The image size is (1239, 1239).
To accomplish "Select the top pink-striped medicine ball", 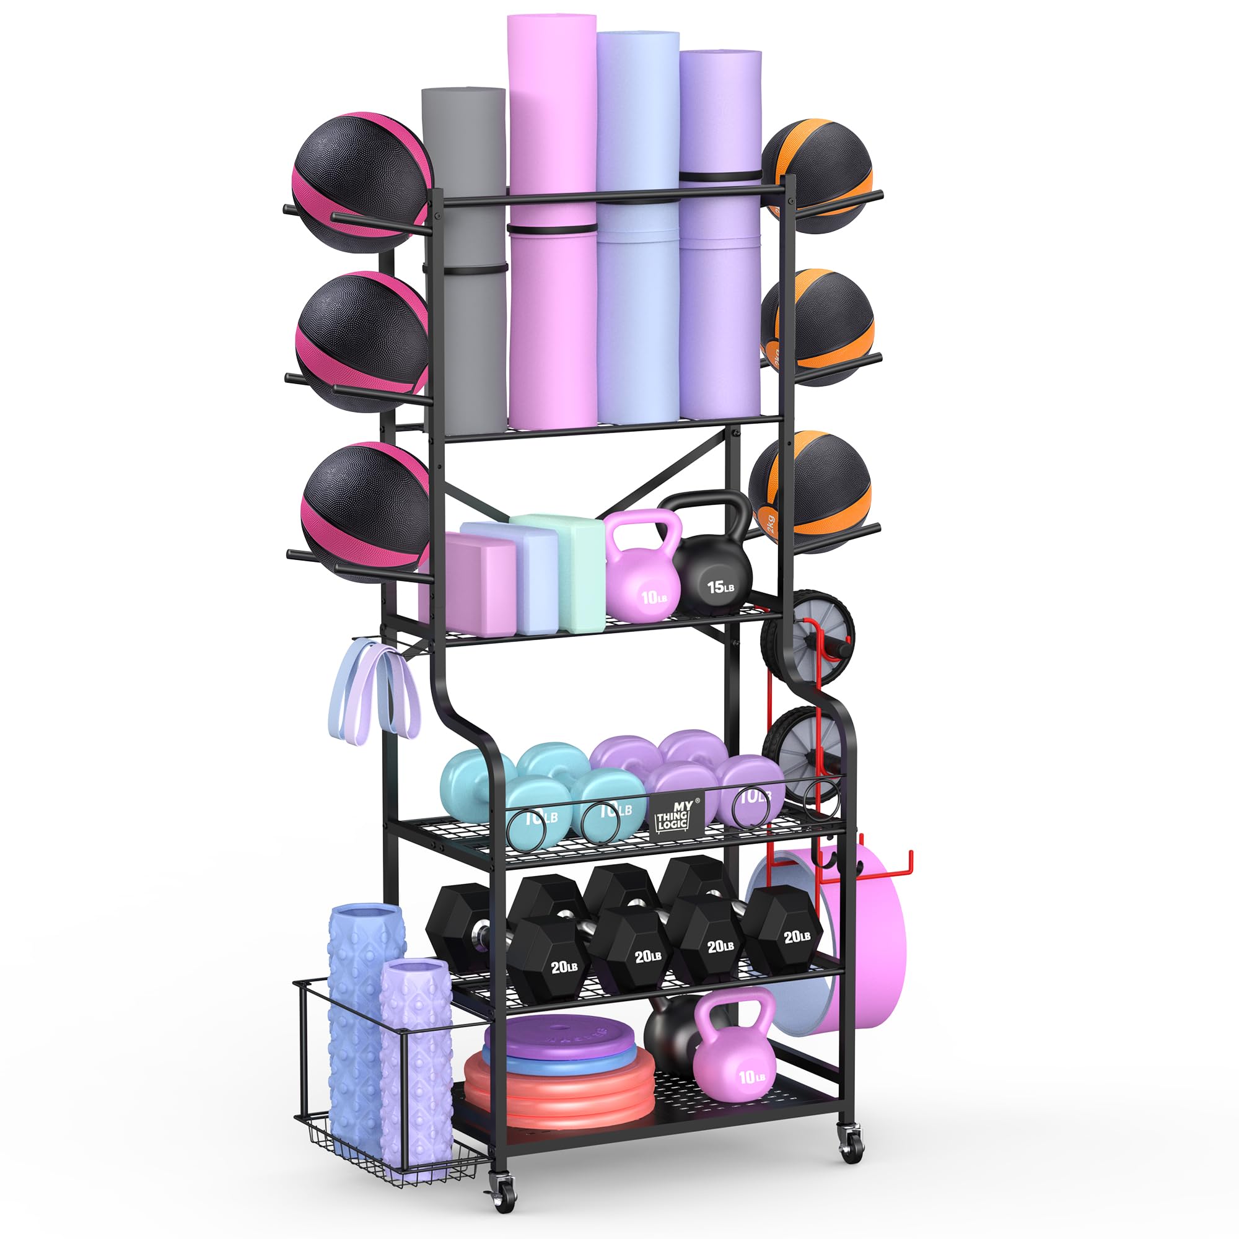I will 361,183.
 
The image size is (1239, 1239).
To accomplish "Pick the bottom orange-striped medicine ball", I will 812,491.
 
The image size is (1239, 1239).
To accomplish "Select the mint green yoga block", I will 577,571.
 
